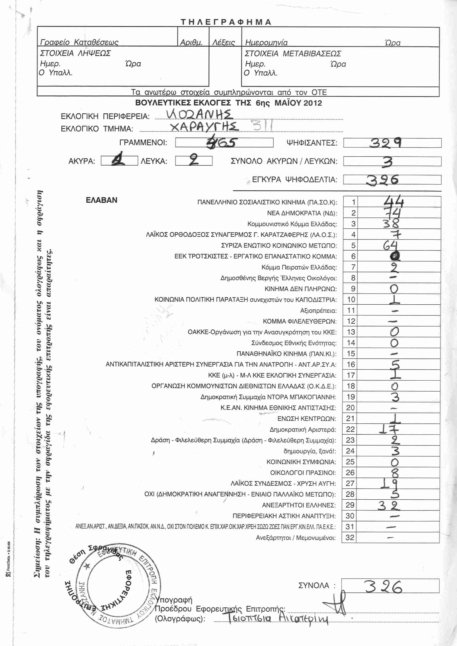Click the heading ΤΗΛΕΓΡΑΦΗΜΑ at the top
click(x=226, y=22)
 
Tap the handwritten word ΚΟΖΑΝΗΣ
click(x=199, y=114)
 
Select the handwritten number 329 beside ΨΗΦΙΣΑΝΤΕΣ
click(x=385, y=143)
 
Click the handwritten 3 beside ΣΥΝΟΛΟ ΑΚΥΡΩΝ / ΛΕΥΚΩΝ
click(x=387, y=162)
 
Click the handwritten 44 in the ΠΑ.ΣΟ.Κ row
click(x=394, y=201)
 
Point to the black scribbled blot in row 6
click(x=395, y=256)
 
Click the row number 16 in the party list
click(x=351, y=364)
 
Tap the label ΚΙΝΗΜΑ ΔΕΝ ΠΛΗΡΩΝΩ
click(x=301, y=289)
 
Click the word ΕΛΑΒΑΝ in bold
click(x=101, y=200)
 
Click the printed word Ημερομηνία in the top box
click(x=266, y=43)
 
